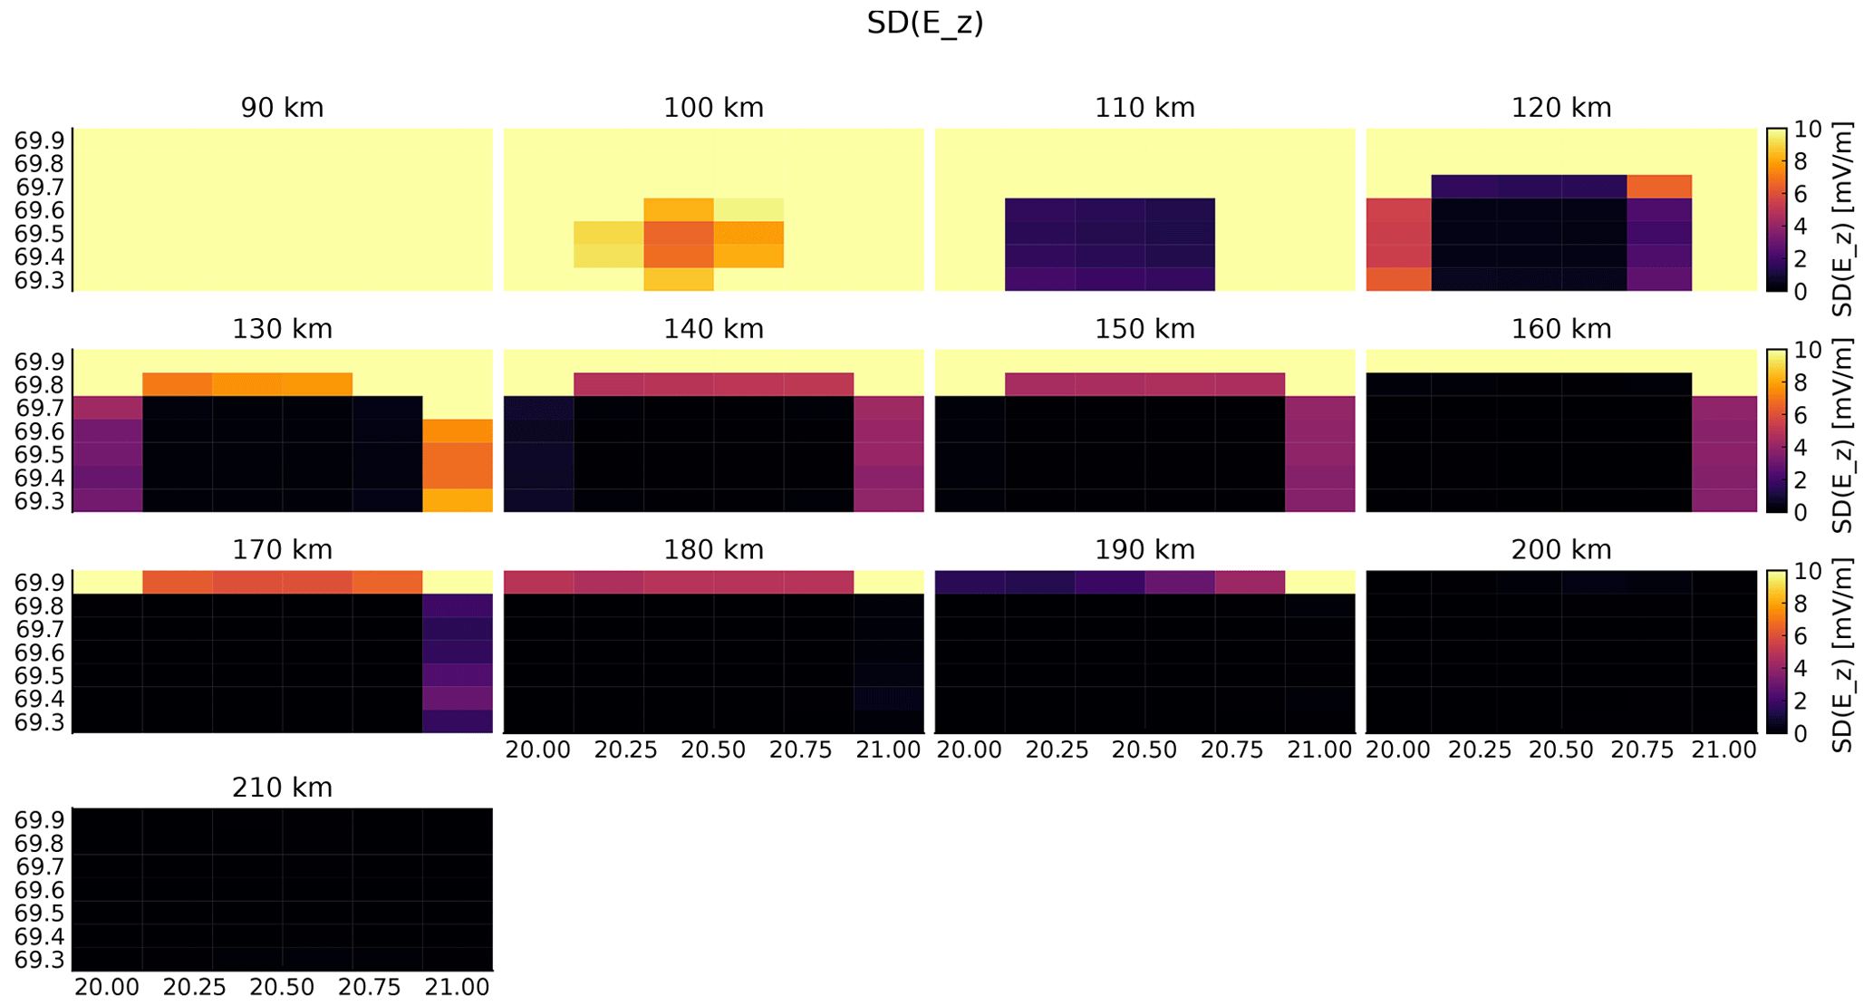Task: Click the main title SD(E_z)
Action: pyautogui.click(x=924, y=23)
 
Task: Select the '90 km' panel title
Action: pyautogui.click(x=282, y=108)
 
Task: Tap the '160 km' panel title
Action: pyautogui.click(x=1560, y=329)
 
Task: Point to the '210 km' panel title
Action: pyautogui.click(x=282, y=788)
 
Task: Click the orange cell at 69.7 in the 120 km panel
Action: pyautogui.click(x=1659, y=187)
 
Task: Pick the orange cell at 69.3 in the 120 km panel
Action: pyautogui.click(x=1398, y=279)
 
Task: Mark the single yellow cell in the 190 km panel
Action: pyautogui.click(x=1320, y=582)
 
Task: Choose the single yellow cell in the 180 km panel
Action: pyautogui.click(x=889, y=582)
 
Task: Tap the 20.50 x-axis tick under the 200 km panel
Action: pyautogui.click(x=1561, y=750)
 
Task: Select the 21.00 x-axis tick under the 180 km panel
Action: pyautogui.click(x=889, y=750)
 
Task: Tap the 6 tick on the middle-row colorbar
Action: pyautogui.click(x=1801, y=415)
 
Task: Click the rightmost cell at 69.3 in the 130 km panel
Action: pyautogui.click(x=458, y=500)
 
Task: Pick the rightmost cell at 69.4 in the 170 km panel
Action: pyautogui.click(x=458, y=698)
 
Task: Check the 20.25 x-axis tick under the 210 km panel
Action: pyautogui.click(x=194, y=987)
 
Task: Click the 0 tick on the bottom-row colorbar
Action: pyautogui.click(x=1801, y=732)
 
